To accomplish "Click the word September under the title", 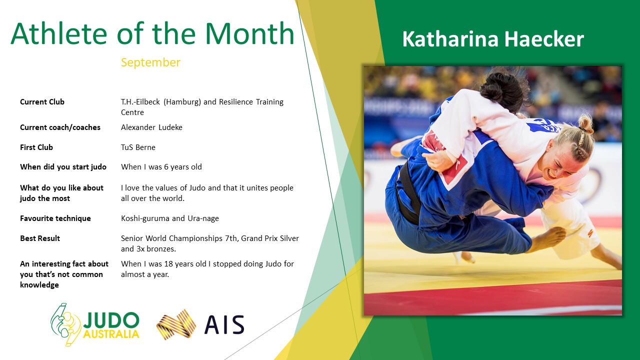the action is coord(150,62).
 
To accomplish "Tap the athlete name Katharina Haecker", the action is coord(493,39).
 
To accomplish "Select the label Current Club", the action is coord(42,102).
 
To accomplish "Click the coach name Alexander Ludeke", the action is coord(151,127).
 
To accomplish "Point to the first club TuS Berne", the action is coord(138,147).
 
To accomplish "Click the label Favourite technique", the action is coord(55,218).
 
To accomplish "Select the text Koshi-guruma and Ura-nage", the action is coord(169,218).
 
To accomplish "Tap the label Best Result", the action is coord(40,238).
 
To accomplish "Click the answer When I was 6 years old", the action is coord(161,167).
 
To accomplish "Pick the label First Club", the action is coord(36,147).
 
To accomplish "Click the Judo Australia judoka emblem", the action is coord(65,325).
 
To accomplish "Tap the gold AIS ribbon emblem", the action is coord(176,325).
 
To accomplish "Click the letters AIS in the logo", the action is coord(224,325).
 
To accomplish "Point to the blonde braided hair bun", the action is coord(585,123).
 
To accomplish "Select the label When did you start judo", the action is coord(63,167).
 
